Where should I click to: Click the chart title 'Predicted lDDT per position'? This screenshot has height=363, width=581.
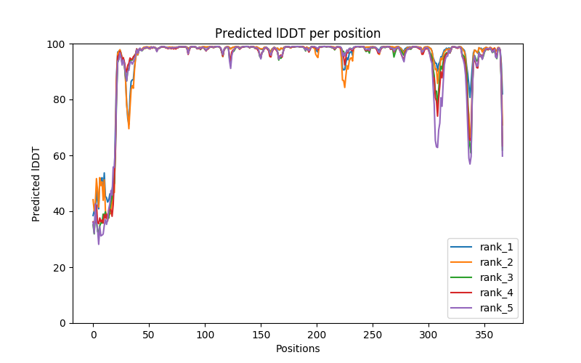tap(298, 33)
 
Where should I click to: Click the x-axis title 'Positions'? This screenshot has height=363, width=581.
tap(298, 348)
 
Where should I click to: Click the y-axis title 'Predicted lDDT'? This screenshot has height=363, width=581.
tap(36, 184)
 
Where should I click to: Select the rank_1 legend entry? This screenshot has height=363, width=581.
tap(496, 247)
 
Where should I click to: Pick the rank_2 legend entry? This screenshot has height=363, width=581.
tap(496, 262)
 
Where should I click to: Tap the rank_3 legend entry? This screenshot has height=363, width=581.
tap(496, 277)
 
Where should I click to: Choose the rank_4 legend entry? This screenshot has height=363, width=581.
tap(496, 293)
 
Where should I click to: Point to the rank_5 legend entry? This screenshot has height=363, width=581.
tap(496, 308)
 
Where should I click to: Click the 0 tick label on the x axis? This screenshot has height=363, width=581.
tap(93, 334)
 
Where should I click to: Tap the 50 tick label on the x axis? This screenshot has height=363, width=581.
tap(149, 334)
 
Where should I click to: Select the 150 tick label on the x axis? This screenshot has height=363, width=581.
tap(261, 334)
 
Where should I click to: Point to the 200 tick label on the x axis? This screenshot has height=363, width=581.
tap(317, 334)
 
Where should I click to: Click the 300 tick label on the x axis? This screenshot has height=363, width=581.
tap(428, 334)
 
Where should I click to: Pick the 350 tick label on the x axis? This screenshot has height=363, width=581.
tap(484, 334)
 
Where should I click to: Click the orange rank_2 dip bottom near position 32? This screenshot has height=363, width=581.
tap(129, 129)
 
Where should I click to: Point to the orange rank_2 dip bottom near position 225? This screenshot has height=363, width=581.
tap(344, 87)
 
